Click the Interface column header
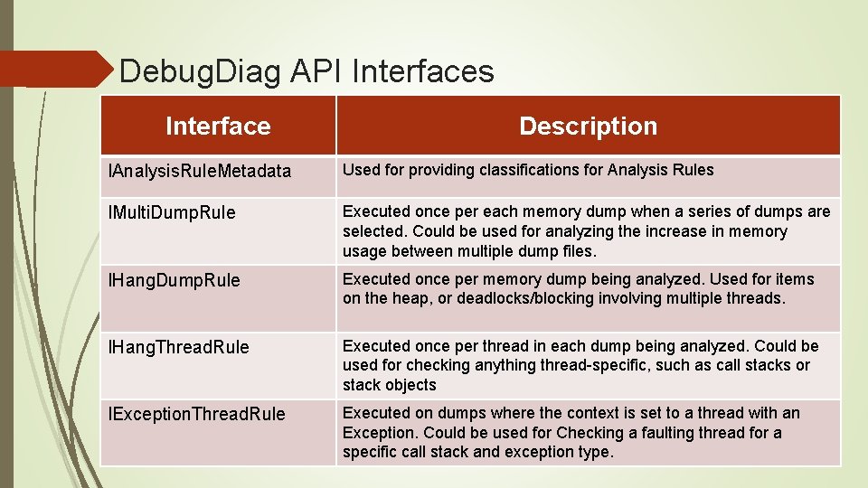(x=218, y=127)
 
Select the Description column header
(x=588, y=127)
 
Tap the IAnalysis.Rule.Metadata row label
(x=200, y=171)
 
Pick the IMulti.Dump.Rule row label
(x=172, y=213)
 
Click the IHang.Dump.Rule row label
(x=175, y=280)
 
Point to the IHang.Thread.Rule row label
(x=179, y=347)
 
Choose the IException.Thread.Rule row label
(x=196, y=414)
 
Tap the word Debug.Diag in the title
(x=200, y=71)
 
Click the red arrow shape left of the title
(x=54, y=69)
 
